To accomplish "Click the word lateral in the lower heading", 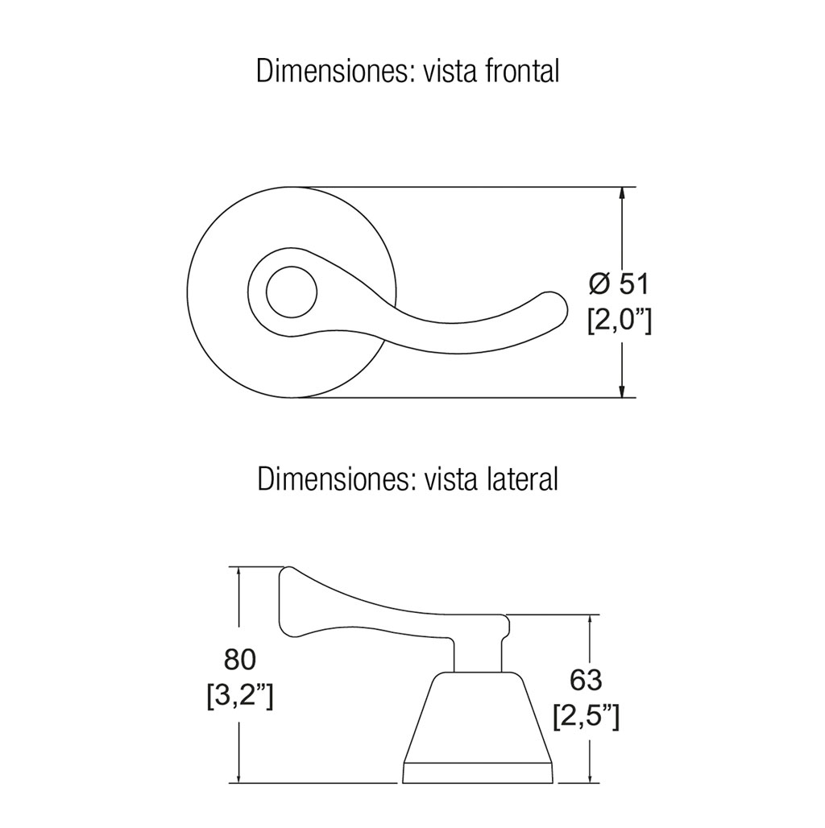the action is (x=520, y=479).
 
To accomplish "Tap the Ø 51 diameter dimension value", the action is (x=619, y=284).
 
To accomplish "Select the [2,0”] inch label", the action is (x=620, y=320).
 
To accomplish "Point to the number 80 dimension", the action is (x=240, y=660).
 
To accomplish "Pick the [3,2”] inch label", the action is (x=240, y=697).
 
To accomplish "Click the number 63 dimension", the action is (x=586, y=680).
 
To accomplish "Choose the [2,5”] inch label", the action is (x=587, y=717).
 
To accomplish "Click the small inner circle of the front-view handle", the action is (x=292, y=292).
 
